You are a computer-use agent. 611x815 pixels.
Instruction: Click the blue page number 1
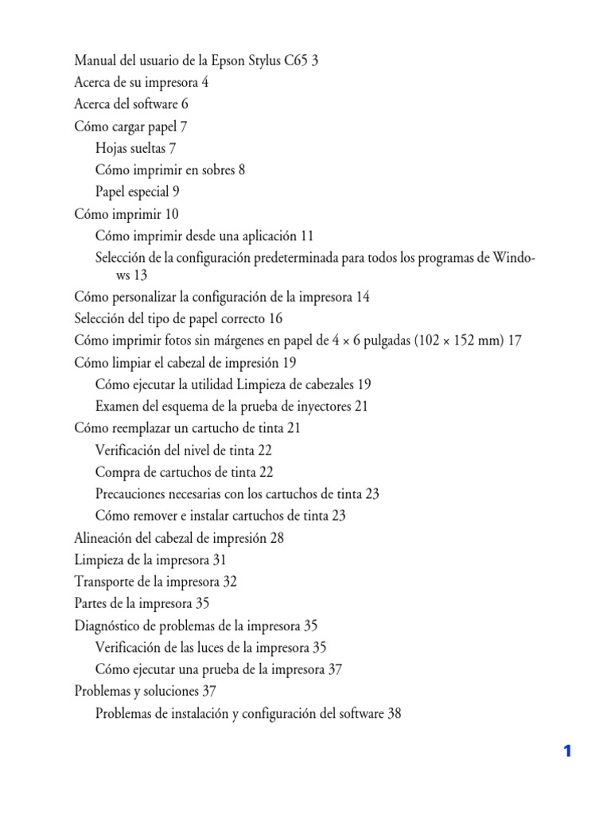pos(567,751)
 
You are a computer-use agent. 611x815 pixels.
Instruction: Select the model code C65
pos(296,60)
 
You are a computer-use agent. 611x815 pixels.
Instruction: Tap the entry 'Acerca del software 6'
pos(131,104)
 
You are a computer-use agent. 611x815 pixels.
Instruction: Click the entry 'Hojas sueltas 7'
pos(135,148)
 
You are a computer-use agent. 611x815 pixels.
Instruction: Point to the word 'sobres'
pos(216,170)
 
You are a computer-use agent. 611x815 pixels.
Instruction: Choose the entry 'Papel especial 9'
pos(137,192)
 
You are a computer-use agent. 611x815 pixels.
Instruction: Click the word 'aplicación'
pos(267,236)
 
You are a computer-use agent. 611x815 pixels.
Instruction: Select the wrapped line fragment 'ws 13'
pos(132,275)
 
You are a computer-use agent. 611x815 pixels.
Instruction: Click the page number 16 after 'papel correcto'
pos(275,319)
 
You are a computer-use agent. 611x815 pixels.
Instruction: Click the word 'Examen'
pos(118,407)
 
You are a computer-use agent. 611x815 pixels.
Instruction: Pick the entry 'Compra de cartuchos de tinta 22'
pos(184,472)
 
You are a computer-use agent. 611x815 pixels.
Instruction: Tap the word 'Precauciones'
pos(134,494)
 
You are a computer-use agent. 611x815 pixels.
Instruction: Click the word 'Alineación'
pos(105,538)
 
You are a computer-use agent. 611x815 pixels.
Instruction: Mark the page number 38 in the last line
pos(394,714)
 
